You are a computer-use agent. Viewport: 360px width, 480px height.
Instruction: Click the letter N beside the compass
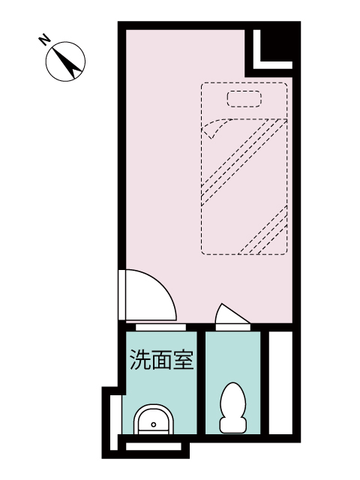[x=44, y=40]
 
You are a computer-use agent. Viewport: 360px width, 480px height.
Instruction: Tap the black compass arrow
[x=68, y=63]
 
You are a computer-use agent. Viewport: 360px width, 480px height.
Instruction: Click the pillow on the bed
[x=244, y=98]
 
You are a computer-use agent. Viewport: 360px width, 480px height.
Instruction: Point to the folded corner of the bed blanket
[x=214, y=128]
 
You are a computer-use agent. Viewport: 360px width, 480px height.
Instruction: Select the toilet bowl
[x=233, y=400]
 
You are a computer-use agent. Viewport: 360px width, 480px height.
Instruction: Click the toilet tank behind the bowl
[x=233, y=425]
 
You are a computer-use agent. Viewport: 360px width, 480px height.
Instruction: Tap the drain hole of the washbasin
[x=154, y=424]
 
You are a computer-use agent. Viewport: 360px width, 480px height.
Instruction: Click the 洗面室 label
[x=162, y=359]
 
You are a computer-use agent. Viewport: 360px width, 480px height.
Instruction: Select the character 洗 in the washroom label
[x=140, y=359]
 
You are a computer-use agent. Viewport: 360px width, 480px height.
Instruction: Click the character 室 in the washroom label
[x=184, y=359]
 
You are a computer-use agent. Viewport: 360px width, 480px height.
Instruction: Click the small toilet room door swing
[x=232, y=313]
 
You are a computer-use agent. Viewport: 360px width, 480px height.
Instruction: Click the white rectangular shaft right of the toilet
[x=280, y=382]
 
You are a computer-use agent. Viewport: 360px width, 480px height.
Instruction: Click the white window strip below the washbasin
[x=154, y=447]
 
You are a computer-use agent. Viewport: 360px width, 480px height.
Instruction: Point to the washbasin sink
[x=153, y=419]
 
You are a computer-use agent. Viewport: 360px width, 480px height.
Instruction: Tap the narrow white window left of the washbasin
[x=114, y=422]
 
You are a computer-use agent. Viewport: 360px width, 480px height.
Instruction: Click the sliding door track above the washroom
[x=161, y=327]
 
